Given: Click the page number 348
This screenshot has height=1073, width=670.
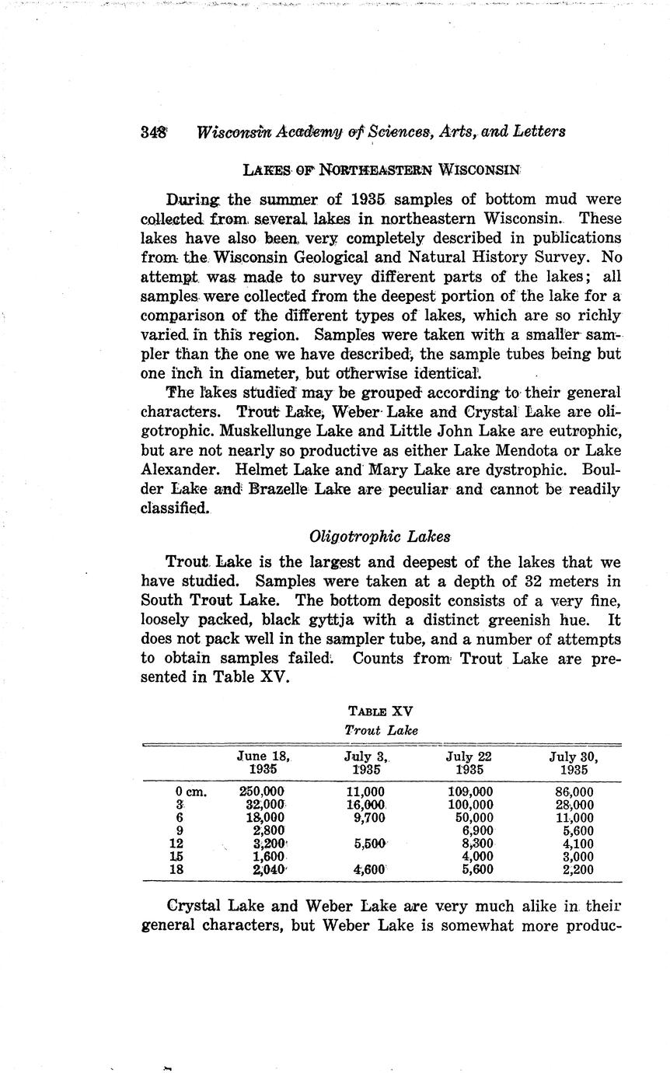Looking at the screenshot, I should [154, 131].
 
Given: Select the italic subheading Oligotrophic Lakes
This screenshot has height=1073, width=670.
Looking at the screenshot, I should [380, 536].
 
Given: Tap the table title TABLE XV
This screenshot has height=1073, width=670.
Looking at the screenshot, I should [381, 711].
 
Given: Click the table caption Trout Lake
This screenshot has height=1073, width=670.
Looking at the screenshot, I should [381, 730].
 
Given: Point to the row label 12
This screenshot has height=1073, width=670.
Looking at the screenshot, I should [176, 844].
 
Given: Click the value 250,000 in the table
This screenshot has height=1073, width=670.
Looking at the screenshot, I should [264, 792].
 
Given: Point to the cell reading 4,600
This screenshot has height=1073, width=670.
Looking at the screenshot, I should [370, 870].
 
